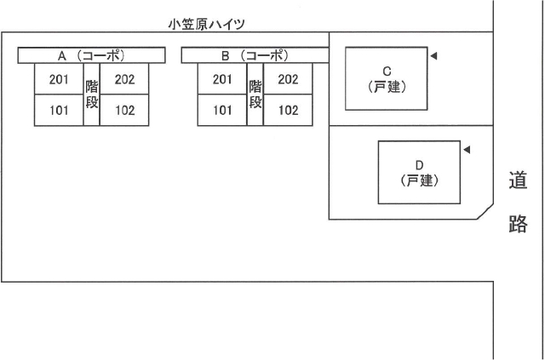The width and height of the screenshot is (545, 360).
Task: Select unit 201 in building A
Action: [x=58, y=80]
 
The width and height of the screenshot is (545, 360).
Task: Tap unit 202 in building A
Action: [x=124, y=80]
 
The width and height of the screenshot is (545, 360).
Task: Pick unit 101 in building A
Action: [x=58, y=110]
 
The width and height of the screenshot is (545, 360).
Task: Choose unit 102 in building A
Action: [x=124, y=110]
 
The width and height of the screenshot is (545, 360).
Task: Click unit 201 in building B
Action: [x=222, y=80]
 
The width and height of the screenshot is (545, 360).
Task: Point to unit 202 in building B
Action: [x=288, y=80]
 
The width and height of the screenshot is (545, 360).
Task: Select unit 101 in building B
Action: [x=222, y=110]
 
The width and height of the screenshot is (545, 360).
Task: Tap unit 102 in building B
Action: [x=288, y=110]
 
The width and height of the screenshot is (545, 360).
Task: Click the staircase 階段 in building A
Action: [x=91, y=94]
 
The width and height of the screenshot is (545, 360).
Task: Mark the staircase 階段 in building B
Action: [x=255, y=94]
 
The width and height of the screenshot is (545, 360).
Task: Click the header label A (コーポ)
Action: [x=91, y=55]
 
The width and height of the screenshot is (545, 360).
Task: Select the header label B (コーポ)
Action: [x=255, y=55]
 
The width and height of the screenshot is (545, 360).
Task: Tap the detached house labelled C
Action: [x=386, y=78]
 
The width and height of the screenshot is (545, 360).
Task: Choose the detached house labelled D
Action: [x=419, y=173]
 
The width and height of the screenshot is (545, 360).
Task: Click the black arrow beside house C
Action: [x=433, y=56]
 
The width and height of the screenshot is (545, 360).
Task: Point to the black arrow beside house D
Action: [x=466, y=151]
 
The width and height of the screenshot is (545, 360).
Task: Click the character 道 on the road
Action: [x=518, y=180]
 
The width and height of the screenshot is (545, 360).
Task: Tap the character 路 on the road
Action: [x=518, y=225]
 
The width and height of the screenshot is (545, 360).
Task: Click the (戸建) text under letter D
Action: [x=419, y=180]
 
